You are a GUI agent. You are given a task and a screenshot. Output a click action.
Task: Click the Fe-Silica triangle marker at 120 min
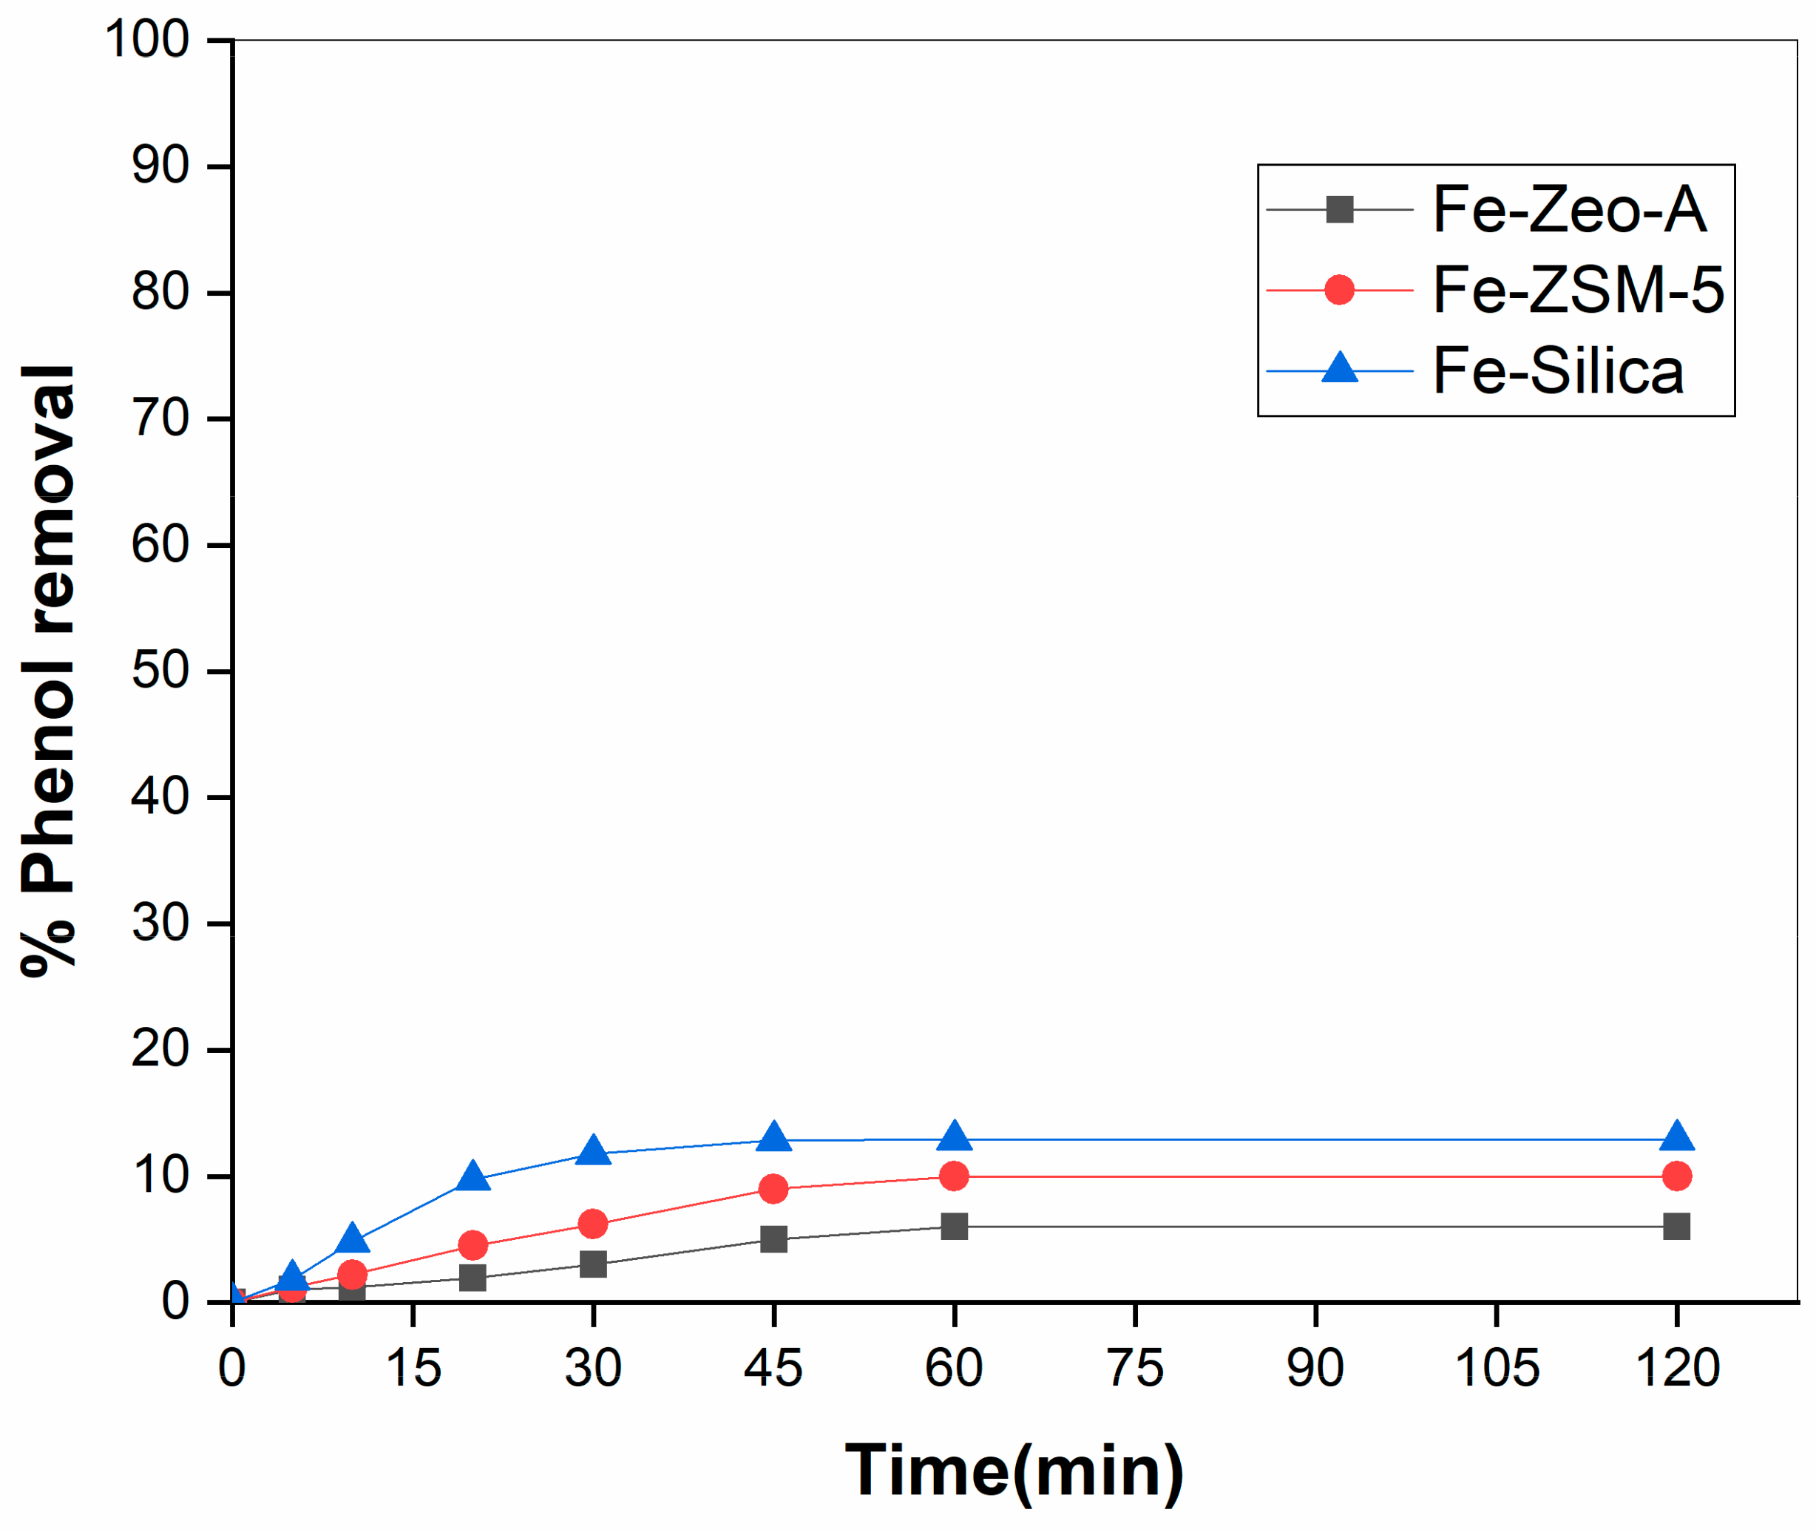1676,1138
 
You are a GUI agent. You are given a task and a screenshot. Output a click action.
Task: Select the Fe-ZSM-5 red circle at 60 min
954,1176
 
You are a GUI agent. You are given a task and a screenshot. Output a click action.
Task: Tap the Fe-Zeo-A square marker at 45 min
773,1238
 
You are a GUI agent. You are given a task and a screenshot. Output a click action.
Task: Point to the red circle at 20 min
472,1244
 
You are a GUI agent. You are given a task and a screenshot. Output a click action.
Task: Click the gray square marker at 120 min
1676,1227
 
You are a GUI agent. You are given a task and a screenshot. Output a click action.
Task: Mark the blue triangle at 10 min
352,1238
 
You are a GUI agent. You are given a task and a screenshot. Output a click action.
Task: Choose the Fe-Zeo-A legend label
1568,209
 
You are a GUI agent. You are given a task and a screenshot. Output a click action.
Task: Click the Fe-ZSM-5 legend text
1577,290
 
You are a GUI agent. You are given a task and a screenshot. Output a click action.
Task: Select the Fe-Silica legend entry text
1557,371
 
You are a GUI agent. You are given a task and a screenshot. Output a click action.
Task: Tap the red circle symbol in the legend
1339,290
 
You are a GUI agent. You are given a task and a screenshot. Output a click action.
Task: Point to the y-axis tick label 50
160,671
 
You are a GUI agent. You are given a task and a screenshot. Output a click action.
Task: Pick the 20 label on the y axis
160,1049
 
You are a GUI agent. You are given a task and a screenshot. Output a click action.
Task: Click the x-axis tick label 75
1135,1368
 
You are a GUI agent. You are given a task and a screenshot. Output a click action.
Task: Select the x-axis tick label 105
1497,1368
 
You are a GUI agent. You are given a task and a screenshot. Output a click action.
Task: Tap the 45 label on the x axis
773,1368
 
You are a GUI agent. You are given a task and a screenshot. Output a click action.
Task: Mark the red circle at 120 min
1676,1176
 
